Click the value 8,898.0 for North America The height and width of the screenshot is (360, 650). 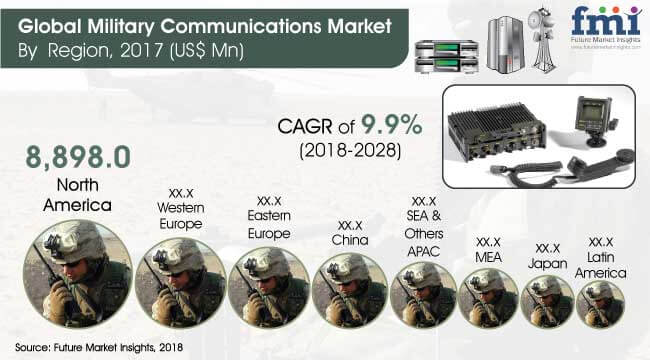click(64, 157)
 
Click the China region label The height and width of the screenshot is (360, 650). click(352, 240)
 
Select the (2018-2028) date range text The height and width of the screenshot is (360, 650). click(348, 154)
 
